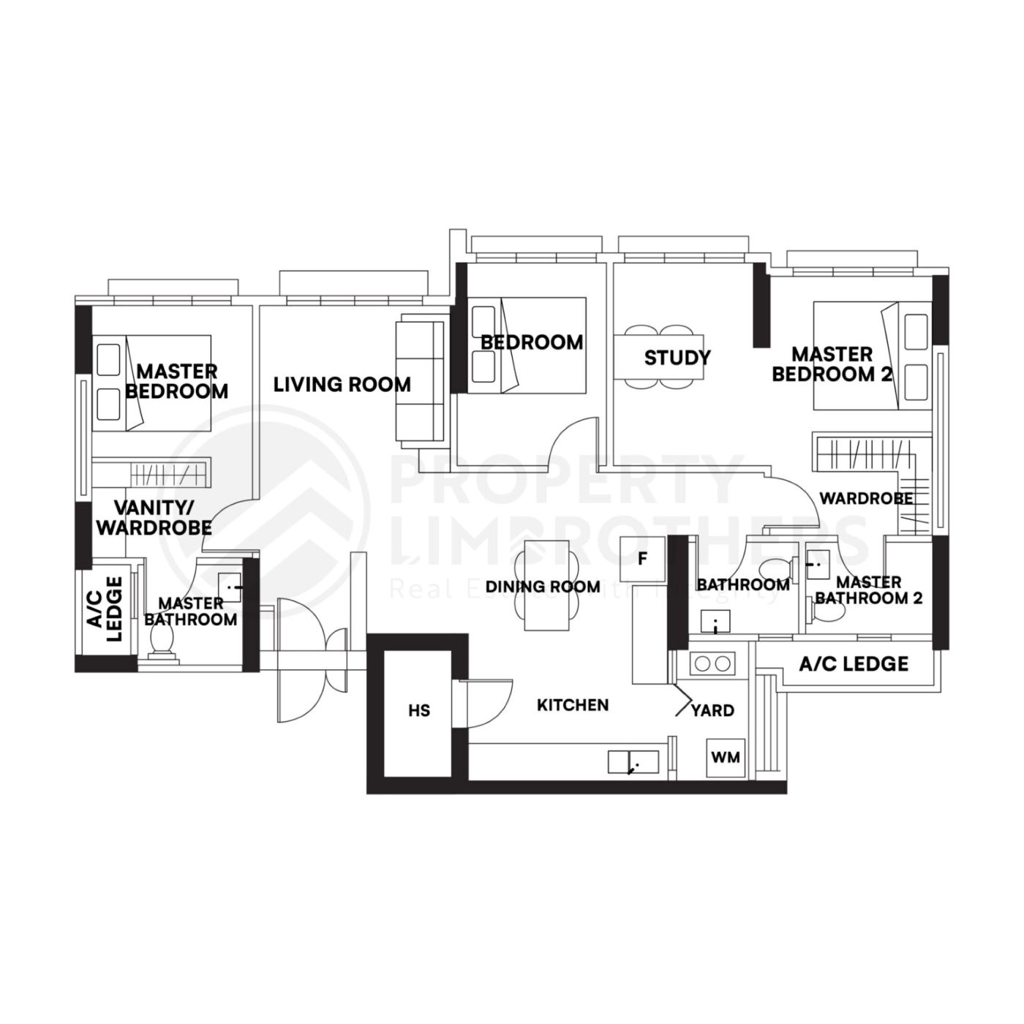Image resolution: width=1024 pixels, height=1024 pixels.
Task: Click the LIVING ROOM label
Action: [x=342, y=385]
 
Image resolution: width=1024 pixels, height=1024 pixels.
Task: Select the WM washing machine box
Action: [x=725, y=757]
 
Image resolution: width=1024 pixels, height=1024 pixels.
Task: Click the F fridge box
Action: [x=643, y=560]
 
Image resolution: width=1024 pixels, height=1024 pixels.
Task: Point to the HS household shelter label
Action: [x=420, y=710]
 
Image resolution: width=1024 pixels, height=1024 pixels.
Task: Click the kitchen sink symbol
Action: [x=633, y=762]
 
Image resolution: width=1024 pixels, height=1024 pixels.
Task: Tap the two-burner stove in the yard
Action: [x=712, y=664]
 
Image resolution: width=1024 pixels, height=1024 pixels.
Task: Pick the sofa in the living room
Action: [x=421, y=382]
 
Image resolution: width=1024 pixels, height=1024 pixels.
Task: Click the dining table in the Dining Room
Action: [x=546, y=585]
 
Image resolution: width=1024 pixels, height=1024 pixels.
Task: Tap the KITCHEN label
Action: [x=573, y=705]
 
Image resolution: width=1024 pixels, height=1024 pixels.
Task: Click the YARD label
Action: [x=712, y=710]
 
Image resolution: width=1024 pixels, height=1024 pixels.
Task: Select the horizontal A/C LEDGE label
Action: [x=854, y=664]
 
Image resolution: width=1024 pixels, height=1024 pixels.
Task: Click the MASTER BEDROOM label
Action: [x=176, y=381]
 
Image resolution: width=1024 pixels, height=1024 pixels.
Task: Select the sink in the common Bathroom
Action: [x=715, y=622]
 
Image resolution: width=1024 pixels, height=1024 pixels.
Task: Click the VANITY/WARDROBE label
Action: [x=154, y=516]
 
